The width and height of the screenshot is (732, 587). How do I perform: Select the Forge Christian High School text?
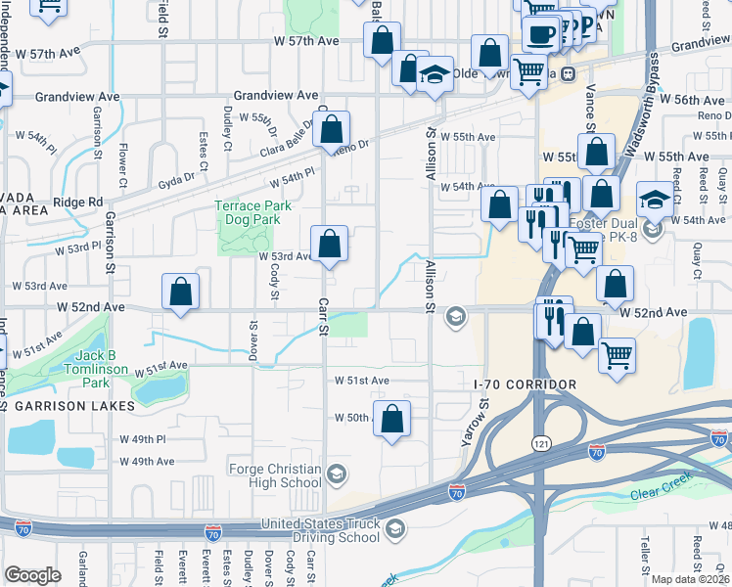[x=274, y=475]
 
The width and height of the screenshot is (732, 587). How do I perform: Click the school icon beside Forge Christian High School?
[x=336, y=475]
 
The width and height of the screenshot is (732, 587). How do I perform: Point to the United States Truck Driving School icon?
[x=394, y=530]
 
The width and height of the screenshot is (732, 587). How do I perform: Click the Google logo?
[x=32, y=575]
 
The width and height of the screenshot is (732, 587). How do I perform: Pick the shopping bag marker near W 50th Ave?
[x=391, y=419]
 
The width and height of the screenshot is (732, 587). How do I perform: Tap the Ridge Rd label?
[x=78, y=203]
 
